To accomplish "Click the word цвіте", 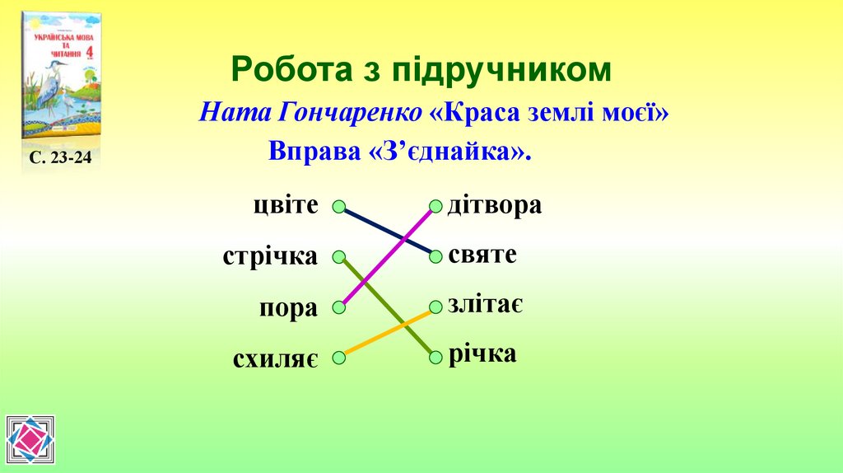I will click(x=285, y=205).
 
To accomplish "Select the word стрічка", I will click(x=270, y=256).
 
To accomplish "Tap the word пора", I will click(x=288, y=309).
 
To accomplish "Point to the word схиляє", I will click(x=275, y=359).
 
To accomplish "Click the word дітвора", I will click(x=495, y=205).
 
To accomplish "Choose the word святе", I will click(x=482, y=255).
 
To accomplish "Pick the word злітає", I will click(x=486, y=305).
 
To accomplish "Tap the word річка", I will click(x=482, y=354).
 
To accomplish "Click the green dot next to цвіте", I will click(x=339, y=208).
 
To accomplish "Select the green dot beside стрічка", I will click(x=339, y=257).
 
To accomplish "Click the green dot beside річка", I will click(x=435, y=357).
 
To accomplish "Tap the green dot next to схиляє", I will click(x=339, y=358).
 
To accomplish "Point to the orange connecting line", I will click(x=387, y=332).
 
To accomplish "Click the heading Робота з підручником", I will click(x=421, y=70).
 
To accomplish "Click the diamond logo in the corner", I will click(x=30, y=440).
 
